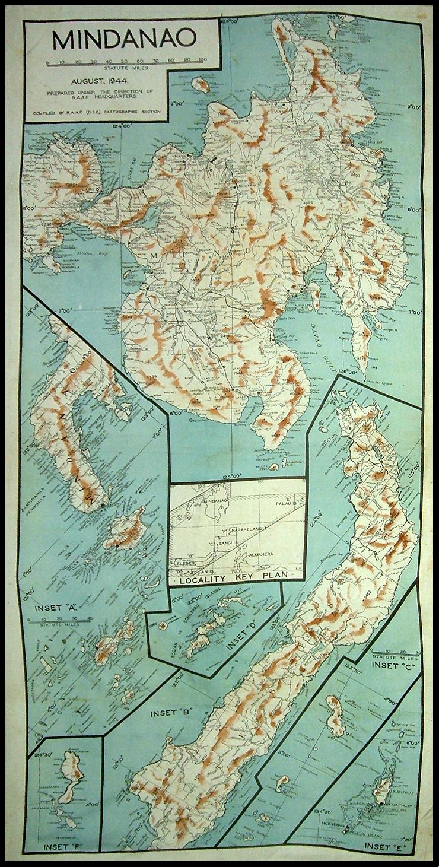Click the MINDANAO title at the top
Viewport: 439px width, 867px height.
pyautogui.click(x=123, y=39)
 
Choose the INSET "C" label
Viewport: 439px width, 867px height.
pyautogui.click(x=393, y=666)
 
